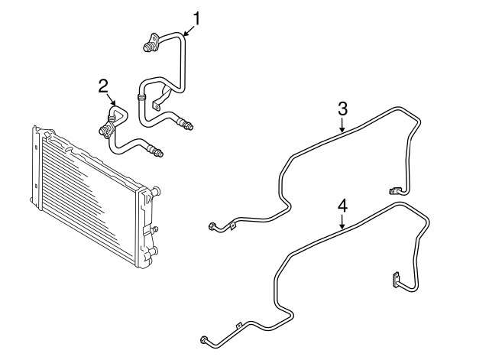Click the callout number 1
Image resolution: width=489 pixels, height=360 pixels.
[x=196, y=18]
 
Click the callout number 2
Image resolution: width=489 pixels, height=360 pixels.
[x=103, y=86]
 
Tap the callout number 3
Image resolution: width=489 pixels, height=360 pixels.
[x=342, y=109]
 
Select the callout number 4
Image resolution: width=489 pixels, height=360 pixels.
[x=342, y=206]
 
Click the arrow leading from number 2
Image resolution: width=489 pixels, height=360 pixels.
[x=112, y=99]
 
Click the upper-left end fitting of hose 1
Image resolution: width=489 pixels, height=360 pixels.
[x=148, y=47]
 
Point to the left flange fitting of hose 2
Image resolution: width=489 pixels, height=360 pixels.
[x=105, y=130]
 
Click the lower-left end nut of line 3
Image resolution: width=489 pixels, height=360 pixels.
[x=212, y=226]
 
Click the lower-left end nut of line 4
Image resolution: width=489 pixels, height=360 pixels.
[x=204, y=339]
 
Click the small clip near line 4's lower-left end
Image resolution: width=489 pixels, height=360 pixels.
[x=238, y=326]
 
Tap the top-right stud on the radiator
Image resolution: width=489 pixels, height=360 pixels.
[x=156, y=190]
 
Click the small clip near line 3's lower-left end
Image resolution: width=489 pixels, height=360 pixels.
[x=232, y=225]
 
